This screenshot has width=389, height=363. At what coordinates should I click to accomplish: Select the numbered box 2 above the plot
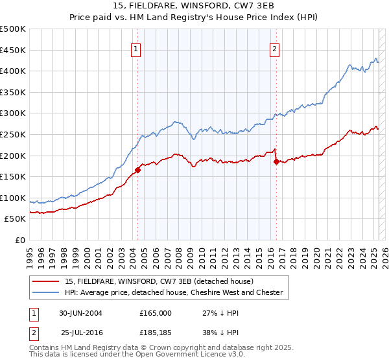tap(275, 48)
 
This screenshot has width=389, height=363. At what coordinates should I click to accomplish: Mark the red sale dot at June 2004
tap(137, 170)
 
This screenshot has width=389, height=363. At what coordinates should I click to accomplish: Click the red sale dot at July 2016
tap(276, 162)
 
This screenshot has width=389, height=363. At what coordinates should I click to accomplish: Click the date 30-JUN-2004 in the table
tap(80, 312)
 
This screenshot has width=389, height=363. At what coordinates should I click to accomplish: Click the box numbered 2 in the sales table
tap(33, 333)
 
